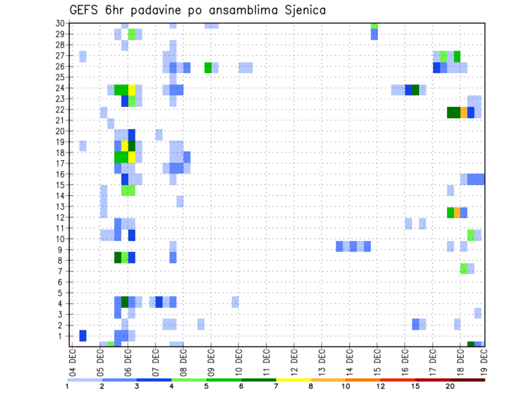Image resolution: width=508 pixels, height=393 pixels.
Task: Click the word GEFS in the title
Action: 84,10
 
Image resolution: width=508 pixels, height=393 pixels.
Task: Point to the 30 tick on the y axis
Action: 60,23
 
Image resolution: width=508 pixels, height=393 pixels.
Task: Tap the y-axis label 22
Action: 60,110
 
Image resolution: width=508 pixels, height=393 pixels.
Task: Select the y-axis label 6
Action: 62,282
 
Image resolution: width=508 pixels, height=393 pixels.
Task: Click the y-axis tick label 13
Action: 60,207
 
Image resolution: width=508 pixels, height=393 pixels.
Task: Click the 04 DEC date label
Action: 72,360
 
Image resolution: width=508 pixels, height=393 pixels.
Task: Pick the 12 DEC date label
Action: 294,360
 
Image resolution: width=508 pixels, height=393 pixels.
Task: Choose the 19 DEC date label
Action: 484,360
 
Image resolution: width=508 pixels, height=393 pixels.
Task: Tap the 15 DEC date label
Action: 377,360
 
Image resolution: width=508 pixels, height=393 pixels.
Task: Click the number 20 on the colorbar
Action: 450,386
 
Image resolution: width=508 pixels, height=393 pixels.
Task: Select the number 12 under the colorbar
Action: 380,386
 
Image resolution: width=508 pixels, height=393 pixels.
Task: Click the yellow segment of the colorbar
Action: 294,380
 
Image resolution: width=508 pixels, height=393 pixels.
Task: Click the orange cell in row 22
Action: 464,112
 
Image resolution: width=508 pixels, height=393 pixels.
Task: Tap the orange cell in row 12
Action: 457,212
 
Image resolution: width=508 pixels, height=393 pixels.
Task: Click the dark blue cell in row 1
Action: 83,336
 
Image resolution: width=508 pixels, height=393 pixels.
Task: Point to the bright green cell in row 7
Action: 464,269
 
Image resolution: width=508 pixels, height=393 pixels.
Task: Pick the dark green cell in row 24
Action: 415,90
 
